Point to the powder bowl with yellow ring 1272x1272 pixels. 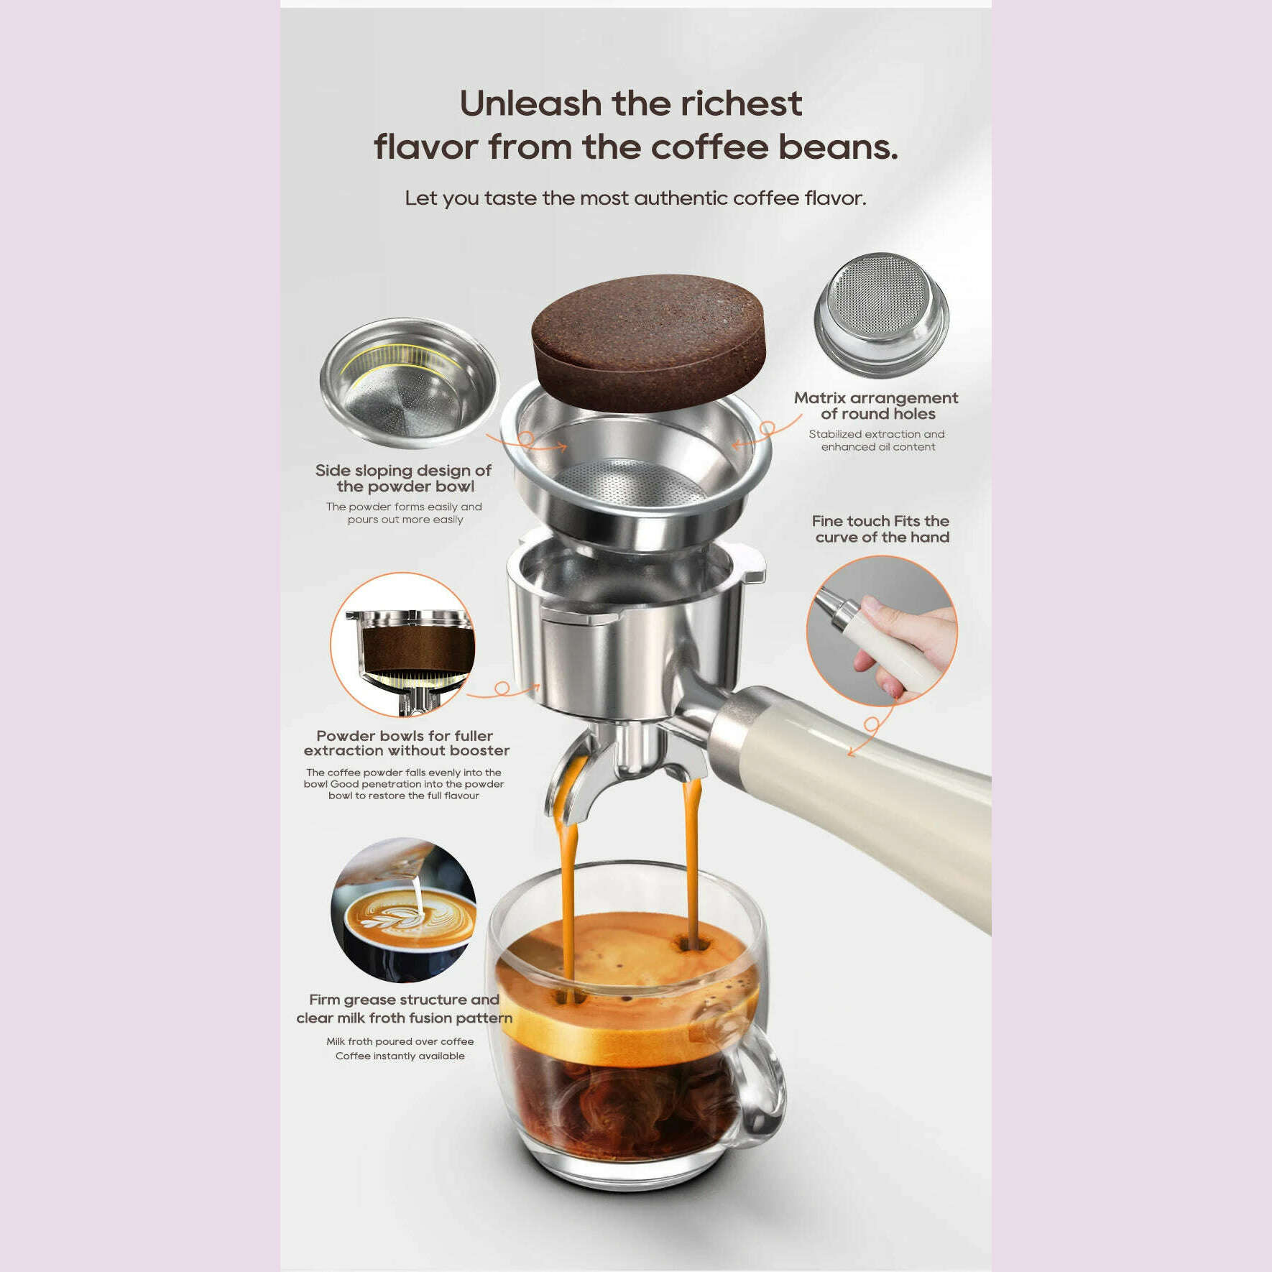[x=408, y=383]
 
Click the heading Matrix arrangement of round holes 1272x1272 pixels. [x=876, y=406]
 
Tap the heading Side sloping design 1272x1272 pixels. [x=403, y=479]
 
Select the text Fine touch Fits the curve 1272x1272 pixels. [x=881, y=529]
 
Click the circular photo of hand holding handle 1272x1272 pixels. [x=882, y=630]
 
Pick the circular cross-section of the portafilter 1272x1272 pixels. [x=403, y=645]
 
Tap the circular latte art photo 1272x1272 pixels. [x=403, y=911]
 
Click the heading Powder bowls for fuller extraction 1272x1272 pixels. [x=406, y=743]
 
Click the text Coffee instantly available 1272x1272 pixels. [x=400, y=1056]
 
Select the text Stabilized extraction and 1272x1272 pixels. [x=876, y=434]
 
